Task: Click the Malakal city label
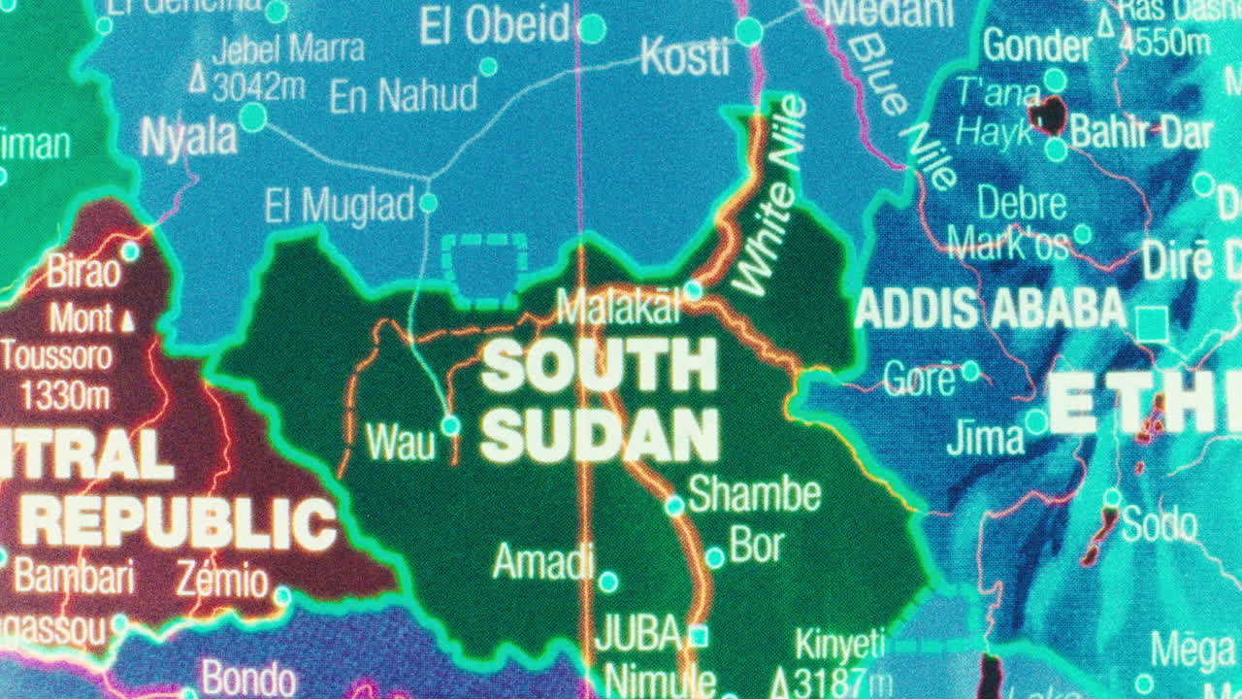click(x=618, y=308)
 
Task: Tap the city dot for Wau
click(x=450, y=425)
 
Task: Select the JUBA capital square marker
click(x=698, y=636)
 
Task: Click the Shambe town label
click(x=754, y=495)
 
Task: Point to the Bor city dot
click(x=714, y=558)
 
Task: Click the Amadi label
click(x=543, y=561)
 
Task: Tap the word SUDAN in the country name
click(x=601, y=435)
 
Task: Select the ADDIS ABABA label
click(x=991, y=310)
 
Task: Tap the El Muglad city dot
click(x=428, y=203)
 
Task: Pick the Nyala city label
click(x=189, y=137)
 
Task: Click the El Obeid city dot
click(x=591, y=28)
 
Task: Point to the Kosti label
click(x=685, y=58)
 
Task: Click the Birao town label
click(x=83, y=273)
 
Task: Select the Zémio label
click(x=221, y=581)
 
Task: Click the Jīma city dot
click(x=1036, y=422)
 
